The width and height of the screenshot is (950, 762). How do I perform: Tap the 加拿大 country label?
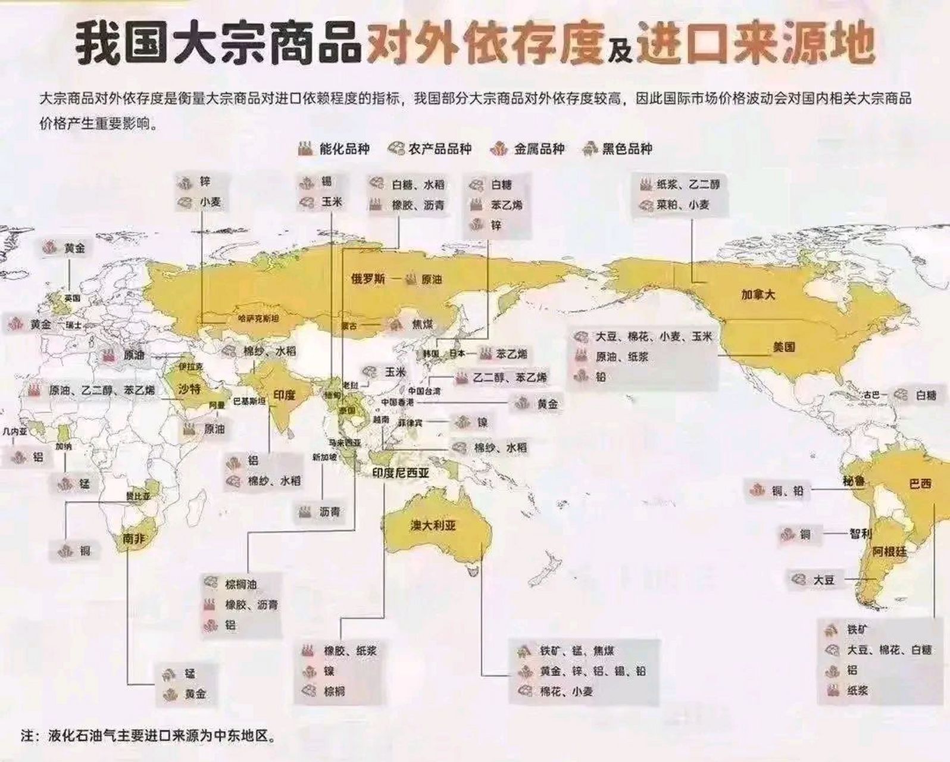(x=758, y=293)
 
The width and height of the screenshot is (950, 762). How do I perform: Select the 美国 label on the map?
(x=784, y=346)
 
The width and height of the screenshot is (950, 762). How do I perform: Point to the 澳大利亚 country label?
(x=433, y=526)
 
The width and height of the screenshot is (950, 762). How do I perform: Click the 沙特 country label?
(x=190, y=389)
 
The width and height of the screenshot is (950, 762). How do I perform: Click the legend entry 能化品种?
(x=344, y=149)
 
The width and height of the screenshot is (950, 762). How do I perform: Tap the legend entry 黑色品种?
(x=627, y=149)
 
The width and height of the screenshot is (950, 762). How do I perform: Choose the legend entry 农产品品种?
(x=440, y=149)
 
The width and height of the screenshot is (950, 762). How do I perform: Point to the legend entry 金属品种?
(x=539, y=149)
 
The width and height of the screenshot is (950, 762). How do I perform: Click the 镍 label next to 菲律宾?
(x=482, y=422)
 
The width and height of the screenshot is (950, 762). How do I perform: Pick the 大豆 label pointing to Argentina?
(x=824, y=579)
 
